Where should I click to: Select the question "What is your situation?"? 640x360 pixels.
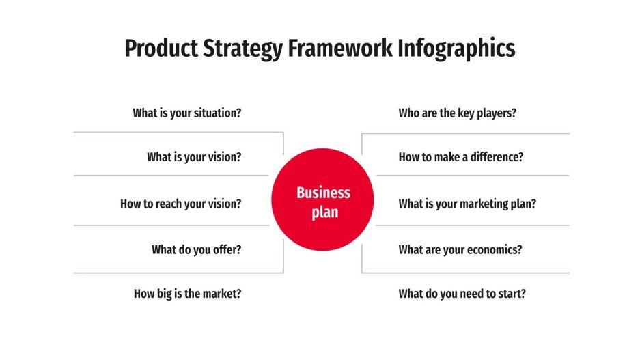[x=186, y=113]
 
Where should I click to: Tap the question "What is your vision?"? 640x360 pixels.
[x=194, y=157]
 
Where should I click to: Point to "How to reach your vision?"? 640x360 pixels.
[x=180, y=204]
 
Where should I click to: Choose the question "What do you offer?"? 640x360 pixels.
[x=196, y=250]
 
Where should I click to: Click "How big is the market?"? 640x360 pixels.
[x=187, y=294]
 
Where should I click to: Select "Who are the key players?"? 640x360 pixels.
[x=457, y=113]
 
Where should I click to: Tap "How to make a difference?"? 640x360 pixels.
[x=461, y=157]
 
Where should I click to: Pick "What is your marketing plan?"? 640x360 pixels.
[x=467, y=204]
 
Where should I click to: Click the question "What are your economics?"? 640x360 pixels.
[x=460, y=250]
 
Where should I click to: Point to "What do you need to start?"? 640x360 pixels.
[x=462, y=294]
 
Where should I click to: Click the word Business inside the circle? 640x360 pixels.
[x=323, y=193]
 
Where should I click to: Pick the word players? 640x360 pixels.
[x=497, y=113]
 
